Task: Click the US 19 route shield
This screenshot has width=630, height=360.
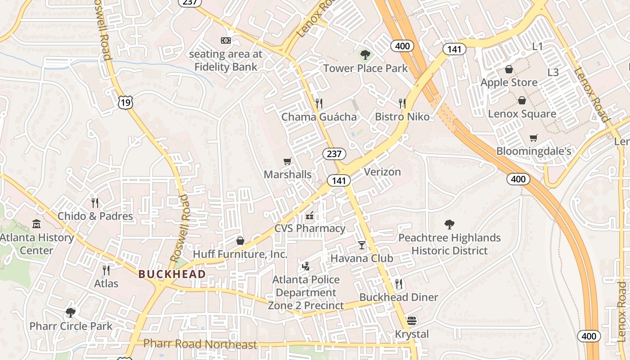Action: pos(126,103)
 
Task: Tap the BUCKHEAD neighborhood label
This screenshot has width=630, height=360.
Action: pos(172,274)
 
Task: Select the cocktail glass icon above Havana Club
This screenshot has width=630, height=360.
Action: pos(362,245)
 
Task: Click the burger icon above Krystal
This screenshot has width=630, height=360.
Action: pos(412,321)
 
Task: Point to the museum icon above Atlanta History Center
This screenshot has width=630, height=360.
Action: pos(36,224)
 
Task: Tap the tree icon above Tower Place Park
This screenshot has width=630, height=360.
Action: pos(365,55)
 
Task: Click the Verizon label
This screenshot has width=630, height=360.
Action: pos(382,172)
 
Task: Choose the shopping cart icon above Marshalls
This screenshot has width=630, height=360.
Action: pos(288,161)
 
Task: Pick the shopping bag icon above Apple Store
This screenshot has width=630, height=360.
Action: pos(509,69)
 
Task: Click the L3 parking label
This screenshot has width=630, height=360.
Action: pos(553,72)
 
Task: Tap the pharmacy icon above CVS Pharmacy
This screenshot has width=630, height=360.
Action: pos(310,215)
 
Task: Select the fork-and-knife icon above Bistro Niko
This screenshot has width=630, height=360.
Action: pos(402,103)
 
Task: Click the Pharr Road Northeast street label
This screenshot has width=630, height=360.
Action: pos(200,345)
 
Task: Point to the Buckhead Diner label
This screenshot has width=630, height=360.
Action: pos(399,297)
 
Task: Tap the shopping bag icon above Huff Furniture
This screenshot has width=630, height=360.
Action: pos(240,241)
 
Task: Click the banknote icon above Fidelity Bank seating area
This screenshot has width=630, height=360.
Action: pos(226,40)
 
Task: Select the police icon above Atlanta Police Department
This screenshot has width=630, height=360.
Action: pos(306,266)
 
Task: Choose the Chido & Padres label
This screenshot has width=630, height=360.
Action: pos(95,216)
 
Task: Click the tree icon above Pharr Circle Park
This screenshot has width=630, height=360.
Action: pos(71,312)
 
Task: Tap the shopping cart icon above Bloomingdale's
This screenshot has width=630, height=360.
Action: pos(534,138)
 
